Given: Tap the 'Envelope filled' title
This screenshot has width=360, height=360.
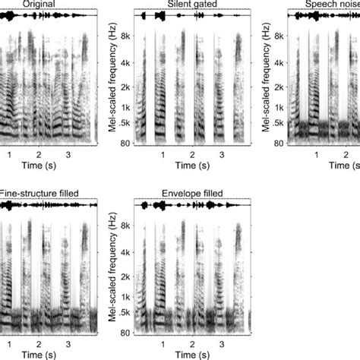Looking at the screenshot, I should pyautogui.click(x=191, y=194).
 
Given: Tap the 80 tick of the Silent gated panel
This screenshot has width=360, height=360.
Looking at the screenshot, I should pyautogui.click(x=126, y=142).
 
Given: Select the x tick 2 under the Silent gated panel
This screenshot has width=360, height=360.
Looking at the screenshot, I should pyautogui.click(x=192, y=155).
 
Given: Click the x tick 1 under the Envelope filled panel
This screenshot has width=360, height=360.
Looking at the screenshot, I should pyautogui.click(x=163, y=344).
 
